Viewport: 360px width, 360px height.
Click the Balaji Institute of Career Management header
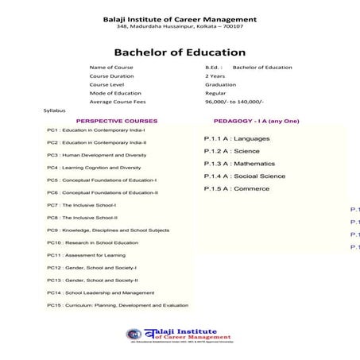click(x=180, y=18)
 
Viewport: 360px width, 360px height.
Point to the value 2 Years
click(x=214, y=76)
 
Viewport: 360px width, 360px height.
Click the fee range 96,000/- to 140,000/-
click(x=234, y=102)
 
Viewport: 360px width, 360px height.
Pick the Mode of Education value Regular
click(x=215, y=93)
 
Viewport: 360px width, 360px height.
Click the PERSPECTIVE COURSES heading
click(x=117, y=121)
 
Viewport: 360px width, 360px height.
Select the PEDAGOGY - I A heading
click(x=256, y=121)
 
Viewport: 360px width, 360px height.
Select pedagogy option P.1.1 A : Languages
click(x=237, y=138)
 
